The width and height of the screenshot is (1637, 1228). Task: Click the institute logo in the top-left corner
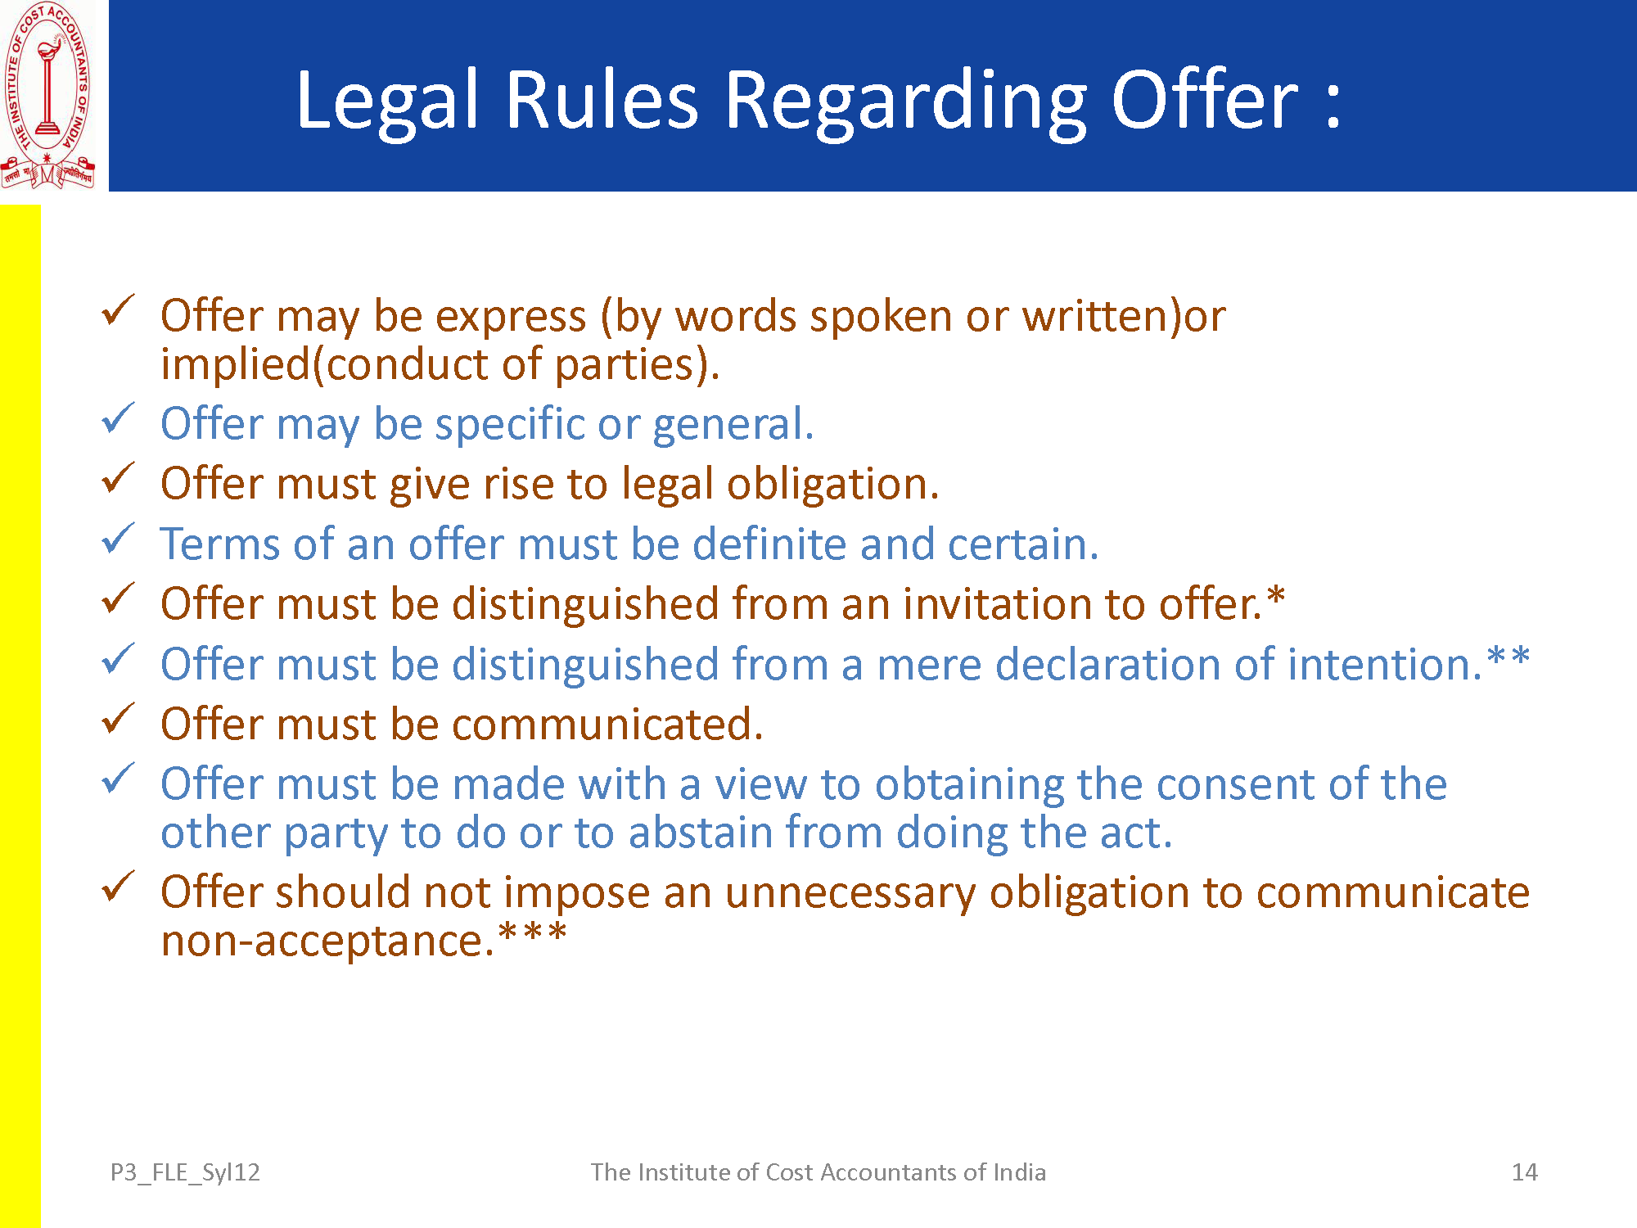tap(48, 96)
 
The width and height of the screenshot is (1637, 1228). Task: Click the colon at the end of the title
tap(1333, 105)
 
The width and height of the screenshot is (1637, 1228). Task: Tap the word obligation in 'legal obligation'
tap(832, 485)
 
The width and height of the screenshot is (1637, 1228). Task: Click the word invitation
tap(998, 604)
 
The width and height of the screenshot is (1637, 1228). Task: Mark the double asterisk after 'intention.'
tap(1508, 657)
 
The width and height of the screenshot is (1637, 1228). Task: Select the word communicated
tap(607, 725)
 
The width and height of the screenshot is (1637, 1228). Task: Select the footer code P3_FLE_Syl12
tap(185, 1173)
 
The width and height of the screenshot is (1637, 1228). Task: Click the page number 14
tap(1524, 1172)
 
